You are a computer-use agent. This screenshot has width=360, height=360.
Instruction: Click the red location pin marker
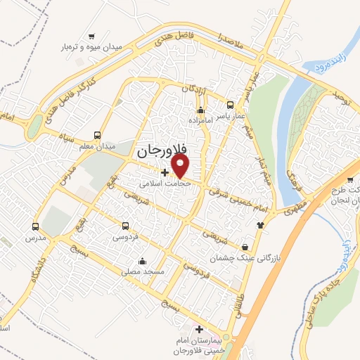point(181,166)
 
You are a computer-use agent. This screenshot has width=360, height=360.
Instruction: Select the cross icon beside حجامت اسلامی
point(165,172)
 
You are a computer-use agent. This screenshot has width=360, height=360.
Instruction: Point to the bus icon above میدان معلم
point(97,135)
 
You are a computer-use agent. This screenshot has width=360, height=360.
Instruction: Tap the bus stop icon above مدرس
point(35,226)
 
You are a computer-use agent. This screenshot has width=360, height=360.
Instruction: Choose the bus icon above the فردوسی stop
point(125,226)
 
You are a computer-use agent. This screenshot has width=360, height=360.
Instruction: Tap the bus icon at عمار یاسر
point(230,105)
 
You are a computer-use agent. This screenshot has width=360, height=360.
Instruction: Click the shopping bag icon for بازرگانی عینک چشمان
point(245,247)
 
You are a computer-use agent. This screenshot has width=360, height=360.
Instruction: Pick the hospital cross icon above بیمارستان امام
point(200,329)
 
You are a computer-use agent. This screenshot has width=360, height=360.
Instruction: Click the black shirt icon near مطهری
point(261,225)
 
